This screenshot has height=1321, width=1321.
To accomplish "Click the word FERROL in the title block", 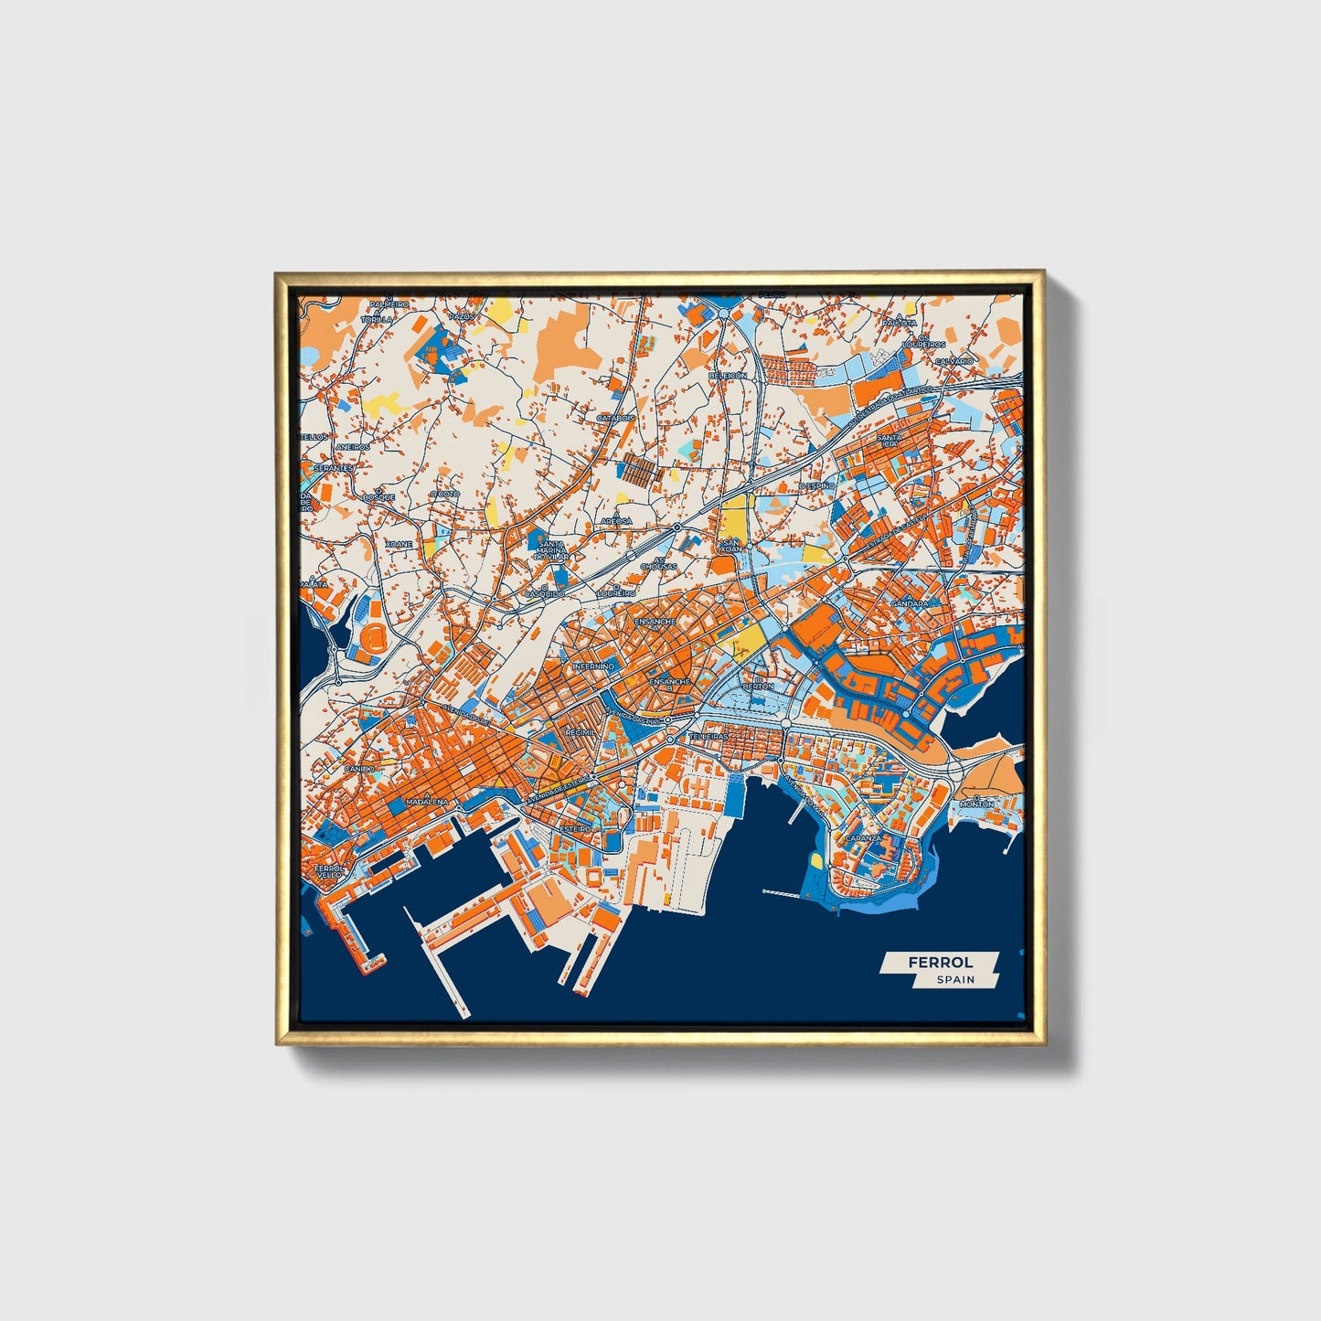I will coord(940,963).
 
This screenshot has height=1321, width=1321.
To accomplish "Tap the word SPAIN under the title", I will coord(955,980).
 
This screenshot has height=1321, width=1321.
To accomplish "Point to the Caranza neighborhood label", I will coord(863,837).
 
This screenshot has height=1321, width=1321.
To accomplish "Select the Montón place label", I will coord(976,804).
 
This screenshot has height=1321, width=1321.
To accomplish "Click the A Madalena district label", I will coord(427,801).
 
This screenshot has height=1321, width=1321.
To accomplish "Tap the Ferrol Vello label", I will coord(327,871).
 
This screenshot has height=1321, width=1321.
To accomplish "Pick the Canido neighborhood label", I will coord(358,769).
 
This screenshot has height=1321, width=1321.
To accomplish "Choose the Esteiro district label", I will coord(576,828).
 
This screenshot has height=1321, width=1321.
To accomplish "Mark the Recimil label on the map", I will coord(580,732).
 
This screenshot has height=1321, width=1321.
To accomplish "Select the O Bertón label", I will coord(758,685).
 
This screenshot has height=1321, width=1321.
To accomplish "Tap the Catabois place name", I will coord(615,418).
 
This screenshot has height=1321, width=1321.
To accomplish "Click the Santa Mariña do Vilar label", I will coord(552,549).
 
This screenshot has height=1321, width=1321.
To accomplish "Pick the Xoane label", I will coord(399,544).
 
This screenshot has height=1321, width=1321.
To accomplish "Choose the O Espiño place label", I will coord(816,486).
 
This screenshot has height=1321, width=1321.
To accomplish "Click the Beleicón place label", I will coord(728,376).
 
